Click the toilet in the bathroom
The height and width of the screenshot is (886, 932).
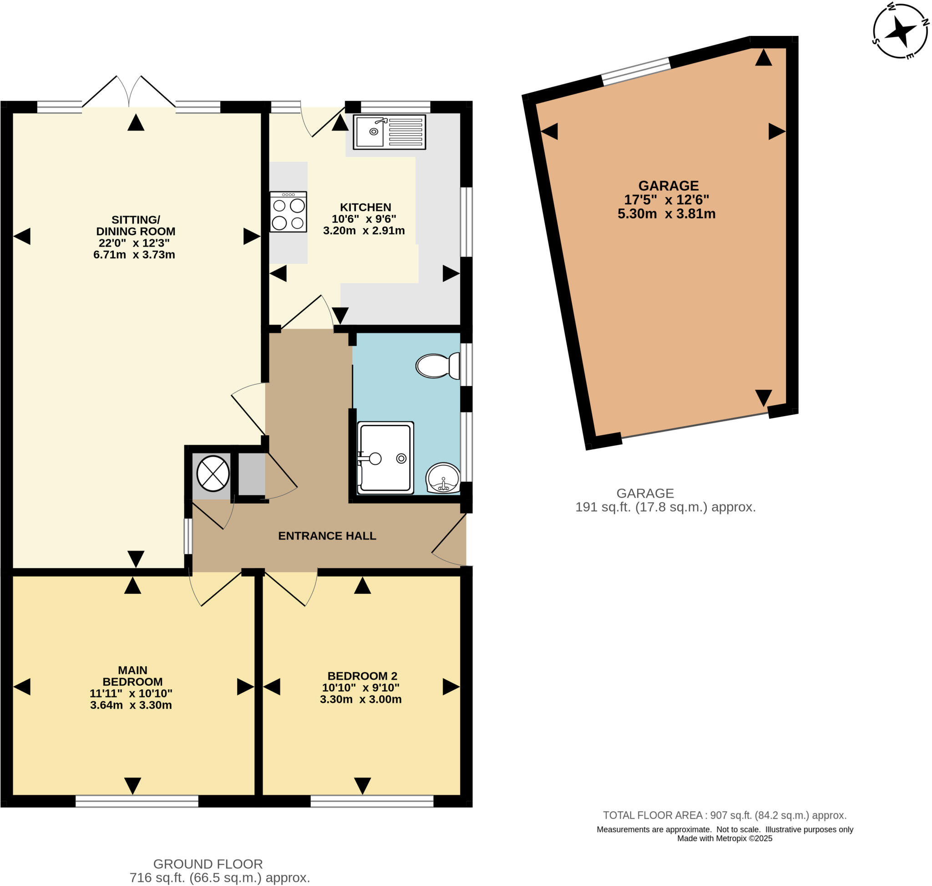438,366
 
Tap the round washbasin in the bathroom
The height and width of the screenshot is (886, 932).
443,478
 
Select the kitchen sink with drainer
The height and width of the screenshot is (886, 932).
389,132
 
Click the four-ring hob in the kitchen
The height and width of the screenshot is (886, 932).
288,212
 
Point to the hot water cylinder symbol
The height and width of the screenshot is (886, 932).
213,473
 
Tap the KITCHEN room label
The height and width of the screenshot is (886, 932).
365,207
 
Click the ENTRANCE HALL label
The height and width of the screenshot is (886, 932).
327,535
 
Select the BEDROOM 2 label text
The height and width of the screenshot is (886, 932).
362,676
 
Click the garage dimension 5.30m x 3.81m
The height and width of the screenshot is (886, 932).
666,214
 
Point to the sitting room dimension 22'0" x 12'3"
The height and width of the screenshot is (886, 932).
134,243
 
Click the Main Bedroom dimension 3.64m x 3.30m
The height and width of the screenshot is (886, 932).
131,705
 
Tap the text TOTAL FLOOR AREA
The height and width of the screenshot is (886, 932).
653,815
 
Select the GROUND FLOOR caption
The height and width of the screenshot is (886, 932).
208,864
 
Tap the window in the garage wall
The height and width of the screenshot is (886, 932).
636,71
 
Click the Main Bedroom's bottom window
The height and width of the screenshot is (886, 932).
137,801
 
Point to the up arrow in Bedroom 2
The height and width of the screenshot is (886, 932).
362,586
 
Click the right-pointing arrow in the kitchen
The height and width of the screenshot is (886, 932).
451,274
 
